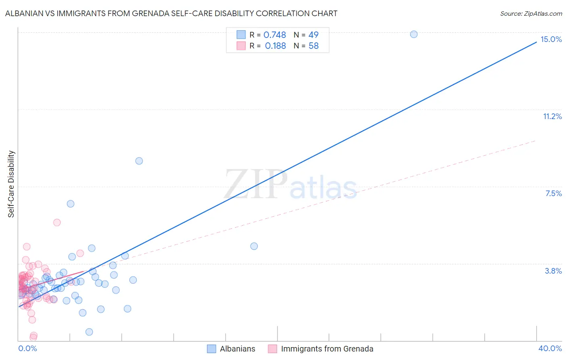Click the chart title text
pyautogui.click(x=171, y=13)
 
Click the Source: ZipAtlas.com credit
pyautogui.click(x=531, y=13)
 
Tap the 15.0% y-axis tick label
pyautogui.click(x=551, y=39)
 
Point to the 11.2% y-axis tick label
pyautogui.click(x=552, y=116)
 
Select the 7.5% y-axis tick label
pyautogui.click(x=553, y=193)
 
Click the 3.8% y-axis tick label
pyautogui.click(x=553, y=271)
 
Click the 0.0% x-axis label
pyautogui.click(x=27, y=348)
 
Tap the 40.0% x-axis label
pyautogui.click(x=550, y=348)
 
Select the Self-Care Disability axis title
pyautogui.click(x=11, y=184)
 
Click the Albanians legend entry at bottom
pyautogui.click(x=237, y=349)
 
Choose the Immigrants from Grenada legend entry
pyautogui.click(x=327, y=349)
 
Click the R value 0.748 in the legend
pyautogui.click(x=275, y=35)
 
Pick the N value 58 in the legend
pyautogui.click(x=313, y=46)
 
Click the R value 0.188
pyautogui.click(x=275, y=46)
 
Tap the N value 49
pyautogui.click(x=313, y=35)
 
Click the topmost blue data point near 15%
pyautogui.click(x=414, y=34)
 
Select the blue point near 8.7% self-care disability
pyautogui.click(x=139, y=161)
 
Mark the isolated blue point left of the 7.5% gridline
pyautogui.click(x=71, y=204)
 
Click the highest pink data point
pyautogui.click(x=57, y=222)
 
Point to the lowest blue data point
pyautogui.click(x=89, y=332)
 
